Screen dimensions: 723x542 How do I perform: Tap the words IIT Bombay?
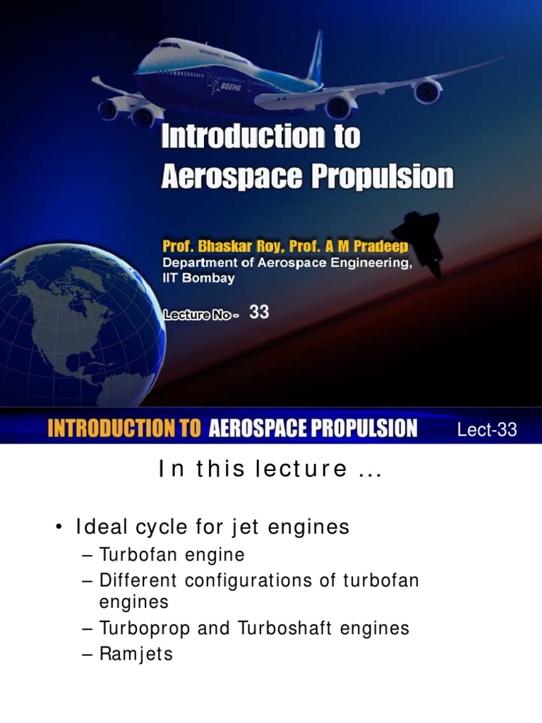[198, 277]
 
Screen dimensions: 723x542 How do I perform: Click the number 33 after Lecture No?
[259, 312]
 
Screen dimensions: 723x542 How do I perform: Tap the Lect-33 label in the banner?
[488, 430]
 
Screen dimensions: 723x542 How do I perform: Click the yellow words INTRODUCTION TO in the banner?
[124, 429]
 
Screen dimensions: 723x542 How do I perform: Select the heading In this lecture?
[270, 470]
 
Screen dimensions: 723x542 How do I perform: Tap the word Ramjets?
[135, 655]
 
